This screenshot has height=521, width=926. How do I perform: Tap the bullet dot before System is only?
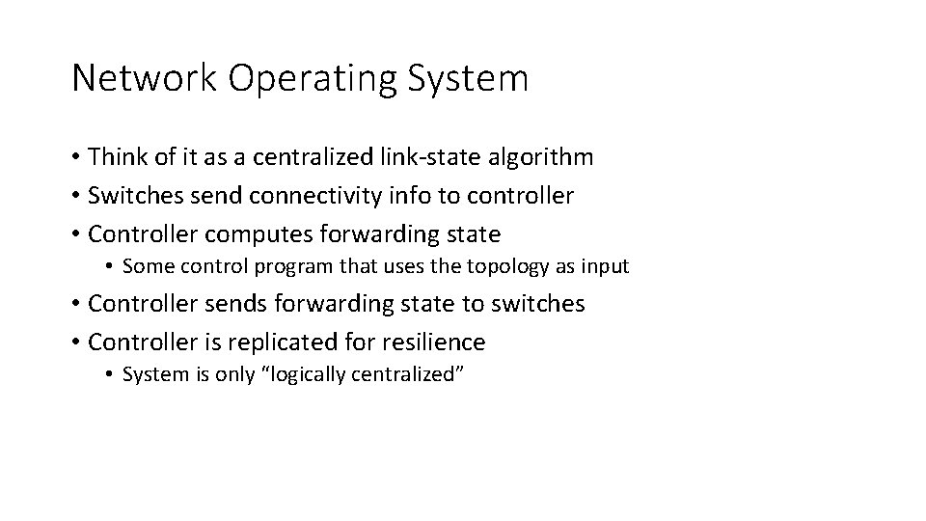[x=113, y=375]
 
